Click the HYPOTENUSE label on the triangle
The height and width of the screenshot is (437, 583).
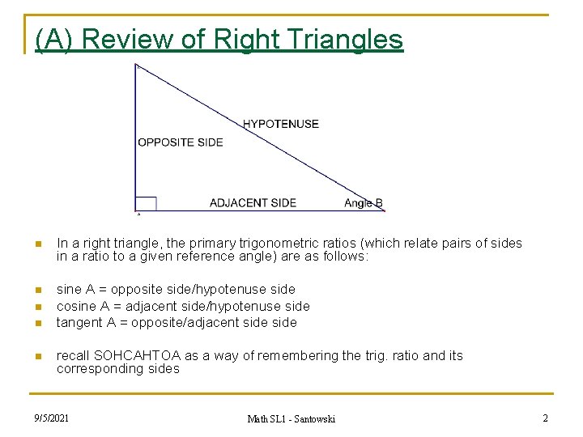(x=280, y=124)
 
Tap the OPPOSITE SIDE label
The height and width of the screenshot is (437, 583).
(x=180, y=142)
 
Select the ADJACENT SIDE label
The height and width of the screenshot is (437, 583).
(x=253, y=202)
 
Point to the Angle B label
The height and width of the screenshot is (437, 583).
(x=363, y=203)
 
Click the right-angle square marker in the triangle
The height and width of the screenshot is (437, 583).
(x=146, y=203)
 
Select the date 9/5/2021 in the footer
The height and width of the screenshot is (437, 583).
(x=51, y=418)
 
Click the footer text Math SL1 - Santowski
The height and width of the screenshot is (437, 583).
(x=291, y=418)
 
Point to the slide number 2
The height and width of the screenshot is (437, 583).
(x=545, y=418)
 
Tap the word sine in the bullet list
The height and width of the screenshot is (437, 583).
(x=70, y=289)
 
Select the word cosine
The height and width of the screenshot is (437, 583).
(x=76, y=306)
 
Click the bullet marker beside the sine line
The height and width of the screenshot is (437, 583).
(x=36, y=290)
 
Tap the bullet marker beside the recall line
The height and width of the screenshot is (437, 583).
(x=36, y=357)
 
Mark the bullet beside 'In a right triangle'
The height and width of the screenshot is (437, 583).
(x=36, y=244)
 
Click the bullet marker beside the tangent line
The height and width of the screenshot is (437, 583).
(x=36, y=324)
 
